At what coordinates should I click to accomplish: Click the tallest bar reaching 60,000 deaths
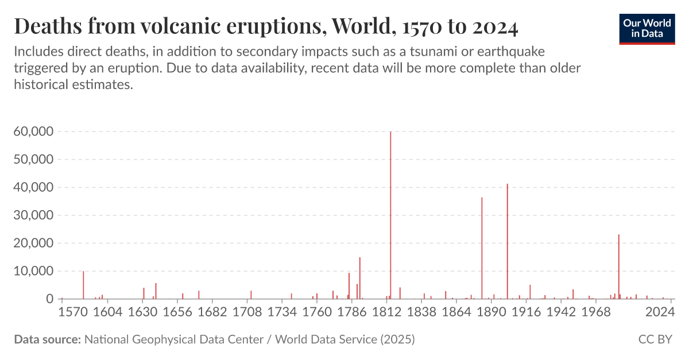point(390,215)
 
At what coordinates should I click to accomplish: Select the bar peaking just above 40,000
point(508,241)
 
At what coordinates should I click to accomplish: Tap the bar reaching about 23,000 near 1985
point(618,267)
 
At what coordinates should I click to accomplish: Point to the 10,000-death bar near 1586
point(83,285)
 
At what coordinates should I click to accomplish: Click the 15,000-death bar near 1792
point(360,278)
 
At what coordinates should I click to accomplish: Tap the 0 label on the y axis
point(50,299)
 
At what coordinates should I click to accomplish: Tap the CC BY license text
point(655,339)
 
